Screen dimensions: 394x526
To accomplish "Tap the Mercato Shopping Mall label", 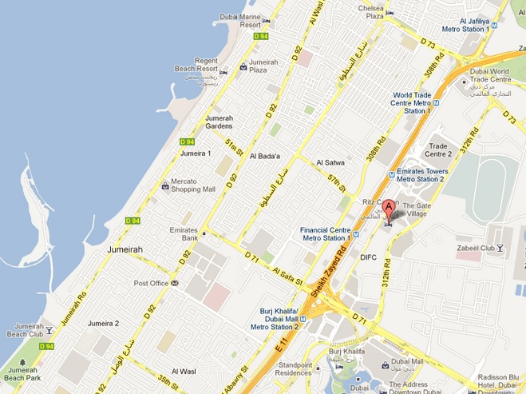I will (x=194, y=185).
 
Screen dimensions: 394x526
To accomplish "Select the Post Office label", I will (x=151, y=283).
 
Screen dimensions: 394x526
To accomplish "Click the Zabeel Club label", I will (x=476, y=249).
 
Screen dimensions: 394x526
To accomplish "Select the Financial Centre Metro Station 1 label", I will (x=326, y=233).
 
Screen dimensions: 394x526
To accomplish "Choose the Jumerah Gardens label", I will (x=219, y=121).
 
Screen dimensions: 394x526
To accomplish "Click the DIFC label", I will (x=368, y=257).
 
